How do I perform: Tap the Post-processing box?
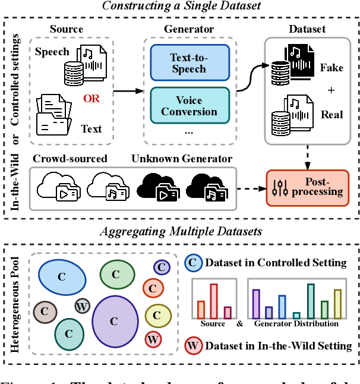307,186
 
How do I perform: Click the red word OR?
91,98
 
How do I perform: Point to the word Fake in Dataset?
331,68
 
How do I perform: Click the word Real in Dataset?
331,115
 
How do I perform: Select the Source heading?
67,29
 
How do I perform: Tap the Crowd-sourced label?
70,159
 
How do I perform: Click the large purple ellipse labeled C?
115,320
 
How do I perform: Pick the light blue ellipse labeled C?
61,277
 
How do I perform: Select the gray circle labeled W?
83,306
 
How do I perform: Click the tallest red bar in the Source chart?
214,301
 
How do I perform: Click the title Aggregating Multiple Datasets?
179,231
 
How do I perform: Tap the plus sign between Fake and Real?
331,91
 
